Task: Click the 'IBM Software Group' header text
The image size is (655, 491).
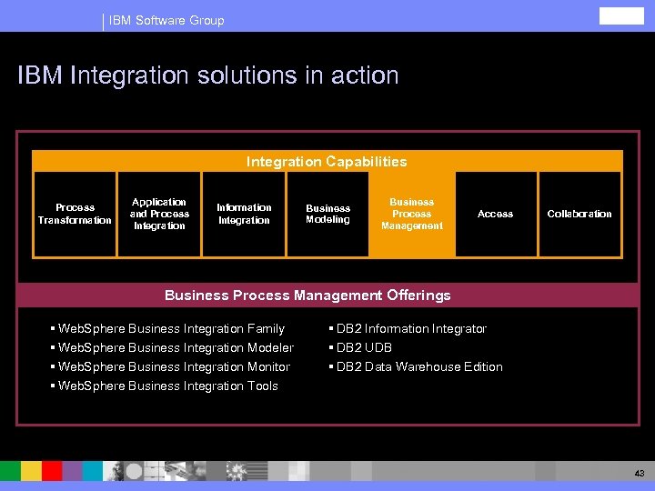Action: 166,20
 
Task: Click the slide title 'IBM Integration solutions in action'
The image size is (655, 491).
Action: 208,75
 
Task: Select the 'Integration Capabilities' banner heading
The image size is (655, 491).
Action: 327,162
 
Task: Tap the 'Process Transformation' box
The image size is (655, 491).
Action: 75,215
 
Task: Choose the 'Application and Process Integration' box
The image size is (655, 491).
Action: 159,215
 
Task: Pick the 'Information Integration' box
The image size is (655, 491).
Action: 244,215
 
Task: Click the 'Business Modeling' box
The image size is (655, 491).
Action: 327,215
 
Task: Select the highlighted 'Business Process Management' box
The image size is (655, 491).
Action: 411,215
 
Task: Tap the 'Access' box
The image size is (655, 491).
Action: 495,215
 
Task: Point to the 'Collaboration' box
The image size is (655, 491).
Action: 579,215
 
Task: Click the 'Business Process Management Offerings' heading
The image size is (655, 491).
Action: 307,295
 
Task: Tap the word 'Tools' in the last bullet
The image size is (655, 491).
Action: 262,386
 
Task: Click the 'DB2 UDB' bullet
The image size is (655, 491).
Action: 364,347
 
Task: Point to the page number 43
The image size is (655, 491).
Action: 639,474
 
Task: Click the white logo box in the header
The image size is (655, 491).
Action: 620,15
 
